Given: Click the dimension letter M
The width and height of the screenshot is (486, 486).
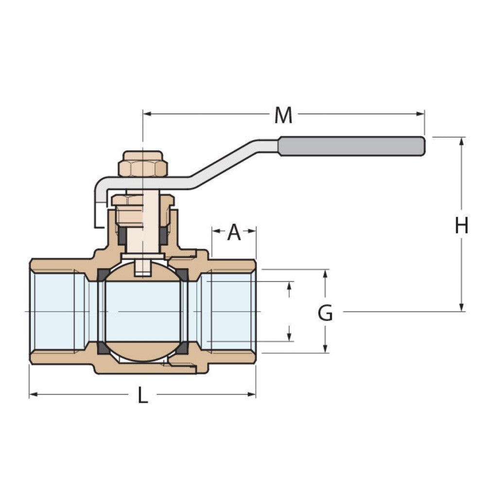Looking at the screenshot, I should click(x=283, y=116).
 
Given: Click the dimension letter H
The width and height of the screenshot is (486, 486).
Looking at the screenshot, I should click(x=461, y=226).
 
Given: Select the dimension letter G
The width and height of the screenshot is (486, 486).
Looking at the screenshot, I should click(x=325, y=313).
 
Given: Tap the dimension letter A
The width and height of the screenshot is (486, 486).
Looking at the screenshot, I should click(x=234, y=233).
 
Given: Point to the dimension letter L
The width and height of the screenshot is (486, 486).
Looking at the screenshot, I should click(x=142, y=397).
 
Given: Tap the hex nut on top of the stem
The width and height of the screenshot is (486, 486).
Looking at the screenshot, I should click(x=143, y=164).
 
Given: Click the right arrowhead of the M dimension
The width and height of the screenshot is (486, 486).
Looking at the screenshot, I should click(x=420, y=114).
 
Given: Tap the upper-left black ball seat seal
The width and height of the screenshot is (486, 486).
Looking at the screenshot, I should click(x=103, y=275).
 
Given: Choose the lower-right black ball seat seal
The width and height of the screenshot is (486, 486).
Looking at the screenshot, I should click(x=183, y=348).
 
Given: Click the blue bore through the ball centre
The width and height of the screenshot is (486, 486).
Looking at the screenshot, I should click(x=143, y=311).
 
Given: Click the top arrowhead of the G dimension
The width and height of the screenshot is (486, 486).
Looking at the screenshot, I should click(x=326, y=273).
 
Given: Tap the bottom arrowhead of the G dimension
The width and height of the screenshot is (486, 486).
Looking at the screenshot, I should click(x=326, y=349).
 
